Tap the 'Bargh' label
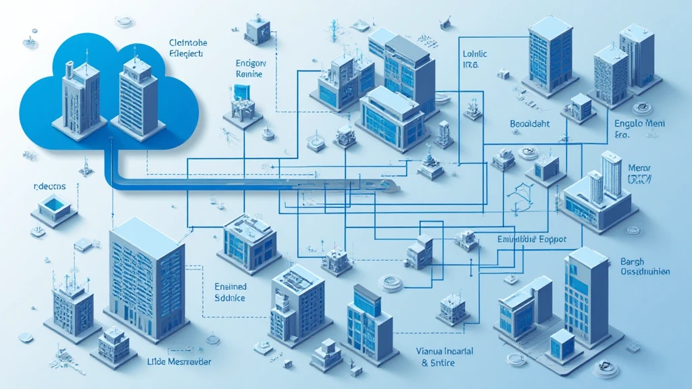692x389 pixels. click(x=633, y=261)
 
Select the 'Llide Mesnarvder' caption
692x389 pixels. click(x=179, y=362)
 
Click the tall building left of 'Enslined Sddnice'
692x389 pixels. click(x=146, y=274)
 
